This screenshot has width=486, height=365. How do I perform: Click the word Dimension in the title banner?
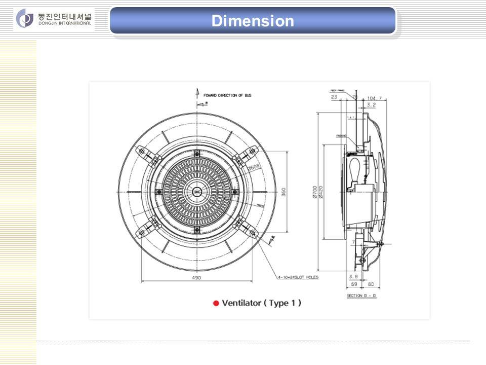pyautogui.click(x=253, y=21)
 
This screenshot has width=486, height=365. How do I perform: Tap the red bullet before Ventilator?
pyautogui.click(x=216, y=303)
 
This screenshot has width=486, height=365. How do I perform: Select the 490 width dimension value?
pyautogui.click(x=196, y=278)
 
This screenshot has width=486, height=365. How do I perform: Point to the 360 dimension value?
pyautogui.click(x=284, y=193)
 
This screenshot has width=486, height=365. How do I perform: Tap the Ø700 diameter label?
pyautogui.click(x=315, y=193)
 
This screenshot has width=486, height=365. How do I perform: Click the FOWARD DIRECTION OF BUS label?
pyautogui.click(x=227, y=95)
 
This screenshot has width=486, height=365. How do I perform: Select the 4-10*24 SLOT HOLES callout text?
pyautogui.click(x=298, y=277)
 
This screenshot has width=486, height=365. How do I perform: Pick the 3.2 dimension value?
pyautogui.click(x=371, y=105)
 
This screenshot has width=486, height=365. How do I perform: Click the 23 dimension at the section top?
pyautogui.click(x=334, y=97)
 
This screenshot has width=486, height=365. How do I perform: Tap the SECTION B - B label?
pyautogui.click(x=362, y=296)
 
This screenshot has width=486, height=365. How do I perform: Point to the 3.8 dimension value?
pyautogui.click(x=353, y=276)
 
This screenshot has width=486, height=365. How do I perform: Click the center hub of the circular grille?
pyautogui.click(x=196, y=192)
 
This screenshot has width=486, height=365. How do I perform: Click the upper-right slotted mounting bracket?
pyautogui.click(x=252, y=152)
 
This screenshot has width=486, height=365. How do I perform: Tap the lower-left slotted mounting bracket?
pyautogui.click(x=141, y=233)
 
